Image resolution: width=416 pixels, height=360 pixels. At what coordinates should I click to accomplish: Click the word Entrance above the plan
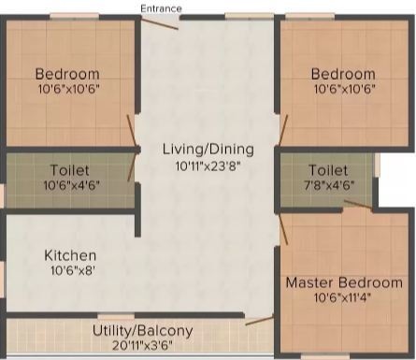tap(161, 8)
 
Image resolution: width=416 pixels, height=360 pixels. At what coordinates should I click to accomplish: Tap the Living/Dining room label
tap(208, 150)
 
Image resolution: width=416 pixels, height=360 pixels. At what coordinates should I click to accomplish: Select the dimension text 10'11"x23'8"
tap(208, 166)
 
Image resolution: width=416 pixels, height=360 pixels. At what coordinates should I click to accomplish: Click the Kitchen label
tap(70, 255)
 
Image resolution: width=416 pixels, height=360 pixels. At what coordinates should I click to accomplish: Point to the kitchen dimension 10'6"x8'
tap(72, 270)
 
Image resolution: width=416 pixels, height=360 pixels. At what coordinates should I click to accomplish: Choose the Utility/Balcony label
tap(143, 331)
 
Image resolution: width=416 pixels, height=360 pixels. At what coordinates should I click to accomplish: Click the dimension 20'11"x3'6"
tap(142, 345)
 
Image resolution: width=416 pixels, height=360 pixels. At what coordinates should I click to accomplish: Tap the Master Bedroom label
tap(344, 282)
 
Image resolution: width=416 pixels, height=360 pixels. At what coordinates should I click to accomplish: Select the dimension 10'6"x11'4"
tap(342, 297)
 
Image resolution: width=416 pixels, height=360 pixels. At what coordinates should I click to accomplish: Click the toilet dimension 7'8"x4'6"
tap(329, 185)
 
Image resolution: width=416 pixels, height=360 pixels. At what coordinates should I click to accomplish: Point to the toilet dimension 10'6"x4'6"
tap(71, 185)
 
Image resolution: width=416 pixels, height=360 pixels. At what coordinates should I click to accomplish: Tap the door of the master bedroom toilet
tap(358, 205)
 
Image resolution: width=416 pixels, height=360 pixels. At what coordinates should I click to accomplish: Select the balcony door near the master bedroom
tap(260, 321)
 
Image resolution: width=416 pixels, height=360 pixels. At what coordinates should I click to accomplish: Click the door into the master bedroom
tap(283, 228)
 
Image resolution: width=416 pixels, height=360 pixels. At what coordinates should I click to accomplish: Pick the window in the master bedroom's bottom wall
tap(325, 356)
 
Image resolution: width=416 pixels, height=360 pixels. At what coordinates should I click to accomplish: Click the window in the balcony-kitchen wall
tap(116, 316)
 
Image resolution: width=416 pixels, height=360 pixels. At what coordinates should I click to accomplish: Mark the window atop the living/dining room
tap(250, 17)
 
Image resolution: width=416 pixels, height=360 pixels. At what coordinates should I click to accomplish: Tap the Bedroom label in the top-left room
tap(67, 74)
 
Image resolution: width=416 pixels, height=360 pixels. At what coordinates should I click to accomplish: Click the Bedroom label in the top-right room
tap(343, 74)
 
